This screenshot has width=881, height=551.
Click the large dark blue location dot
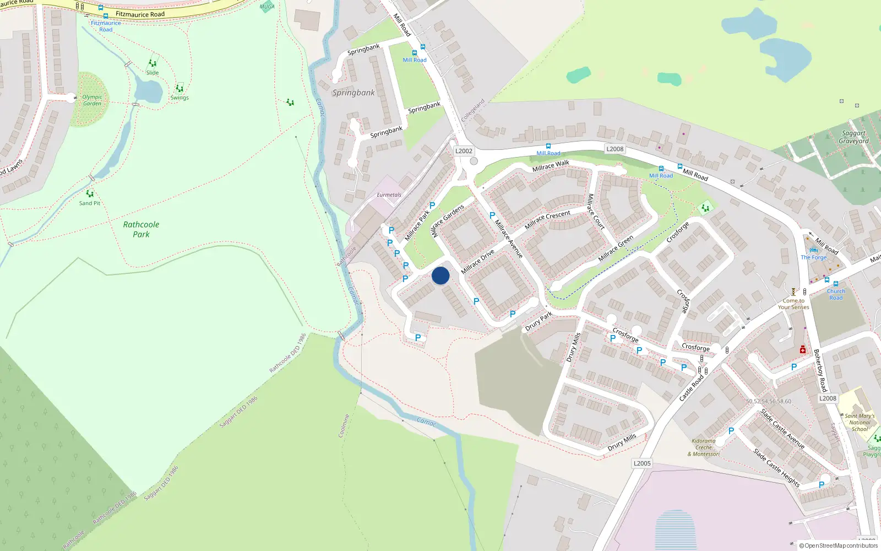tap(440, 275)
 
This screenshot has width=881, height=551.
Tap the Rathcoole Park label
tap(141, 229)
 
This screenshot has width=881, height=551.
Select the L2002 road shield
tap(464, 151)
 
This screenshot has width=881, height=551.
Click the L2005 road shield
tap(642, 463)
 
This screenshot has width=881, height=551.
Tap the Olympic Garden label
tap(92, 100)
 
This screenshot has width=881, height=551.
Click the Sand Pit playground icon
tap(90, 194)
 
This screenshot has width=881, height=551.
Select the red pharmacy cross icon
tap(803, 350)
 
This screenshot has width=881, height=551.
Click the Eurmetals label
tap(389, 195)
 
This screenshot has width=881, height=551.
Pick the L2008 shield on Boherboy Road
tap(828, 398)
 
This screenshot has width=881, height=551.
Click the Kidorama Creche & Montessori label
tap(704, 447)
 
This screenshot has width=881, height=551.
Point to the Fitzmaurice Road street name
tap(140, 14)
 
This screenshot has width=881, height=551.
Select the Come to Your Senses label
tap(793, 304)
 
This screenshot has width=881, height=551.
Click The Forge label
tap(813, 257)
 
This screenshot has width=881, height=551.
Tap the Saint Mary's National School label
tap(860, 423)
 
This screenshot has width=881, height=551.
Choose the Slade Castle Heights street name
tap(776, 468)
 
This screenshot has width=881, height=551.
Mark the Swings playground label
tap(180, 98)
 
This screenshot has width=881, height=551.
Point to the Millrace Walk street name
tap(551, 165)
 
